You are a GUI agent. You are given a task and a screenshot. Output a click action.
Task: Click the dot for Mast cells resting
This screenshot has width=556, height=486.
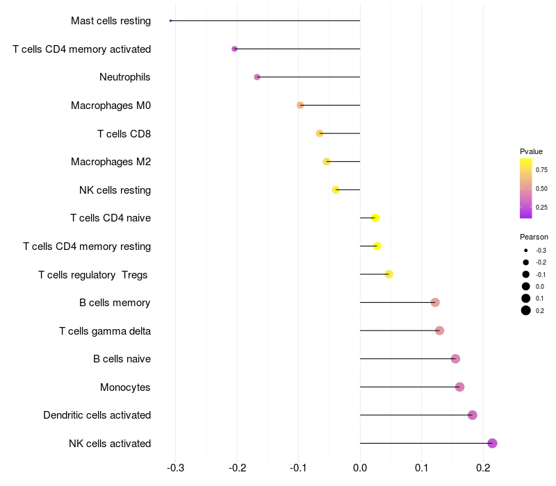[x=170, y=21]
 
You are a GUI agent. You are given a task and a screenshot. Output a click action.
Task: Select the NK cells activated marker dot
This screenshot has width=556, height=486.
[x=492, y=443]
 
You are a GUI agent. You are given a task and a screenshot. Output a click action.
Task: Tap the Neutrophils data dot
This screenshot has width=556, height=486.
[x=257, y=77]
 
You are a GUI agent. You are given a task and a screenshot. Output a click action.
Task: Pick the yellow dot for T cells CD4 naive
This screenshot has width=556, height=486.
[x=375, y=218]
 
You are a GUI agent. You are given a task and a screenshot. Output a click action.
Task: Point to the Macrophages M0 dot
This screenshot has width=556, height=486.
[x=300, y=106]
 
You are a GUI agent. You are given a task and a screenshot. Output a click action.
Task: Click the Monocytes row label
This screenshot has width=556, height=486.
[x=125, y=387]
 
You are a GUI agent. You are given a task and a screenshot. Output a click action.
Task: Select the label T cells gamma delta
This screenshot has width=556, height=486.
[x=105, y=331]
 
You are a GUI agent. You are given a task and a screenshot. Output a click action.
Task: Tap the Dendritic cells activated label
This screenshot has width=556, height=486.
[x=97, y=414]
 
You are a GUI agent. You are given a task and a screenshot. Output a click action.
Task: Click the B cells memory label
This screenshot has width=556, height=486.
[x=115, y=303]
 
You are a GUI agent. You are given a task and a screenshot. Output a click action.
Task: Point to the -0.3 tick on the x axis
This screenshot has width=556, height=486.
[x=175, y=468]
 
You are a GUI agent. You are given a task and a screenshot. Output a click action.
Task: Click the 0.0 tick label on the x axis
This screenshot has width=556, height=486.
[x=360, y=468]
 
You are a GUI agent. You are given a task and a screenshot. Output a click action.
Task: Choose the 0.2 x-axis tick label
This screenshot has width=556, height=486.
[x=483, y=468]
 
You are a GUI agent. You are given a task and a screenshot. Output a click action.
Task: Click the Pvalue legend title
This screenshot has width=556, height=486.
[x=531, y=151]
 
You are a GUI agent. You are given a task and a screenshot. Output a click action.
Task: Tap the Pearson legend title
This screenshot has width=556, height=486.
[x=534, y=237]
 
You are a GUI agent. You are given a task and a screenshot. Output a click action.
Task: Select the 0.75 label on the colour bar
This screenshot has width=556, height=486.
[x=541, y=170]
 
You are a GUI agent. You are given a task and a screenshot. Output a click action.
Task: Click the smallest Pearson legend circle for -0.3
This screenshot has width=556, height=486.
[x=526, y=251]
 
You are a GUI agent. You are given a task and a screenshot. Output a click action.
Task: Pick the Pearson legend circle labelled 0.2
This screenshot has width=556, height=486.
[x=526, y=310]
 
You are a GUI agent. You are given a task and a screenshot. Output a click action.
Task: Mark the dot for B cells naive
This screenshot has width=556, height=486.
[x=455, y=359]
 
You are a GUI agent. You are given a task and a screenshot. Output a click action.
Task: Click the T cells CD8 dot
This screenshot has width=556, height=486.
[x=320, y=133]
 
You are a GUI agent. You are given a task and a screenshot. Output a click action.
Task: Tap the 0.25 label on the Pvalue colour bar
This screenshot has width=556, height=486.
[x=541, y=207]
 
